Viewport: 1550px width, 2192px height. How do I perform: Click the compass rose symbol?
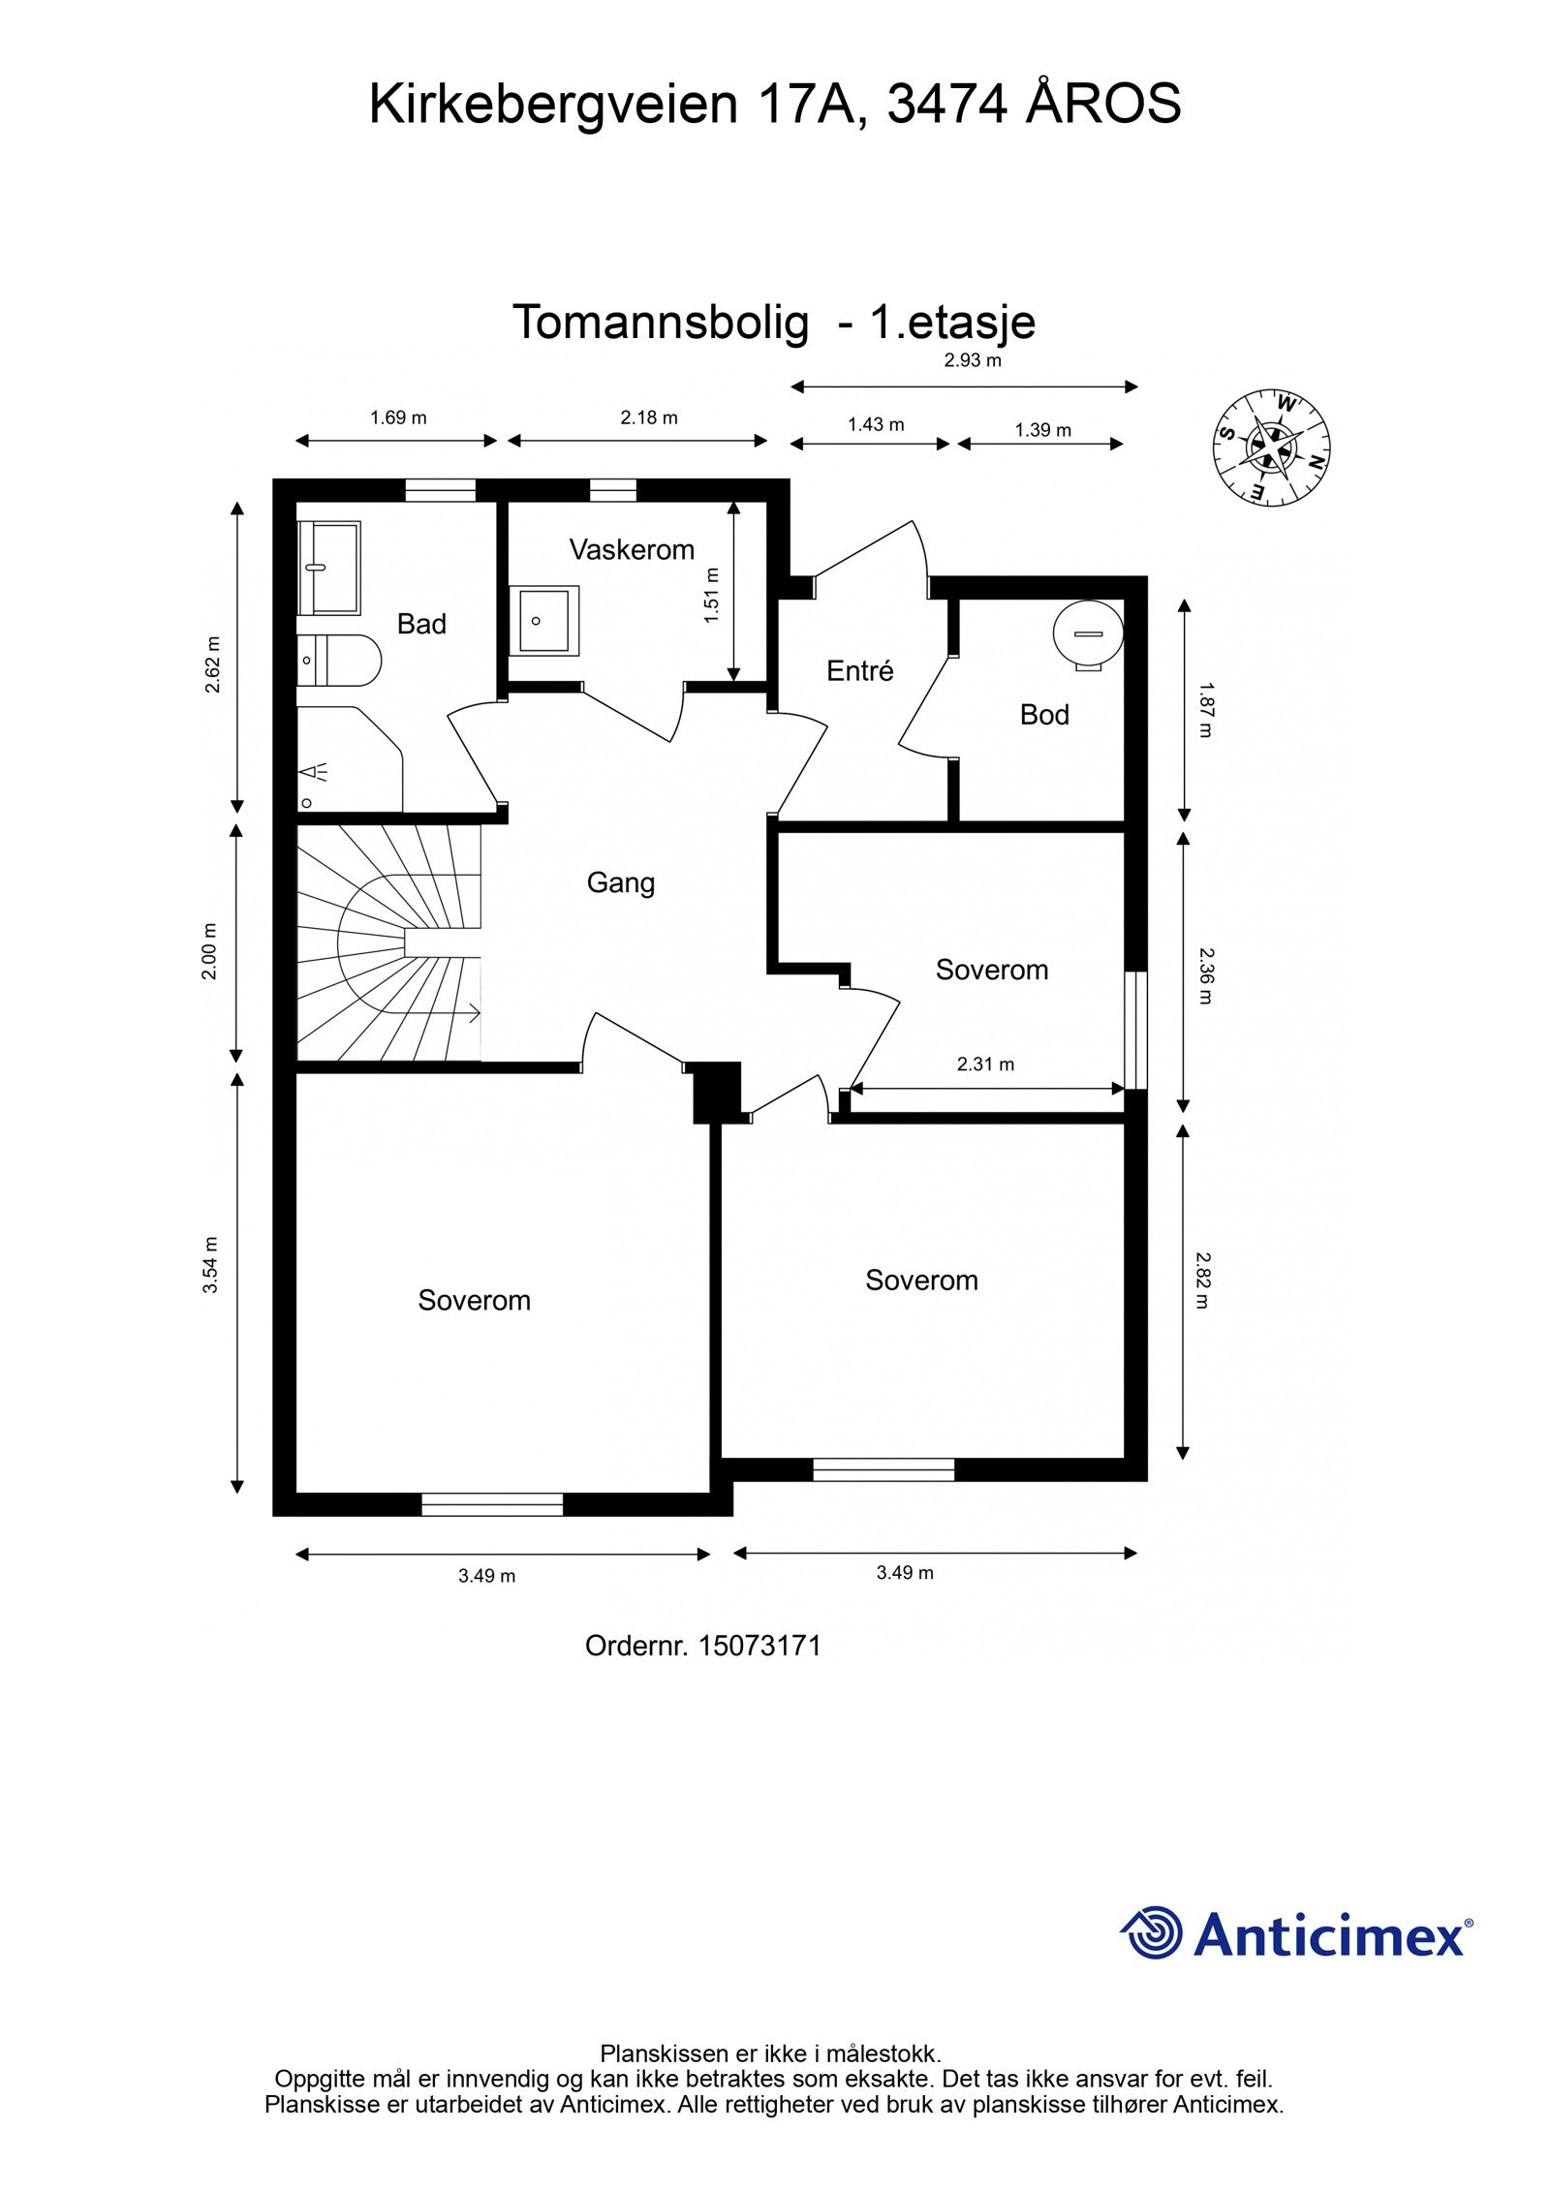[x=1271, y=447]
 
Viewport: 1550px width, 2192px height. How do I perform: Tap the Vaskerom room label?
[x=632, y=550]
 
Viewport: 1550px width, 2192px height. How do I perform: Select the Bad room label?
[x=421, y=624]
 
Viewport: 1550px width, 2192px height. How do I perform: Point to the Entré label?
[x=859, y=670]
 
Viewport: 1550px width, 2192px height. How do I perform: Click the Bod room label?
[x=1044, y=715]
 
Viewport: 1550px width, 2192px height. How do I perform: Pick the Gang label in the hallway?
[x=621, y=883]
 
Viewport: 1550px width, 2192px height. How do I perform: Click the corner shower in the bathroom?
[x=349, y=759]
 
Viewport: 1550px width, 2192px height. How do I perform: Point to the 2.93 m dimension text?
[x=973, y=361]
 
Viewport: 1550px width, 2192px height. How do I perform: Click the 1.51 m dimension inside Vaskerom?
[x=712, y=595]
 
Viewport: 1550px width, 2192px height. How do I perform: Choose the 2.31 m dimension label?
[x=985, y=1065]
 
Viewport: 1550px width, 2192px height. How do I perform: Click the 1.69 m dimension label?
[x=398, y=418]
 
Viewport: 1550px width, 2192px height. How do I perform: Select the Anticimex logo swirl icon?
[x=1152, y=1931]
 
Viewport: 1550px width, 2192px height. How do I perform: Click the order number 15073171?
[x=759, y=1646]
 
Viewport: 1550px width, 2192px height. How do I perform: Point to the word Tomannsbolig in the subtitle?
[x=661, y=323]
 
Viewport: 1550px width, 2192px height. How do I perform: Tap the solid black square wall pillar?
[x=718, y=1093]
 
